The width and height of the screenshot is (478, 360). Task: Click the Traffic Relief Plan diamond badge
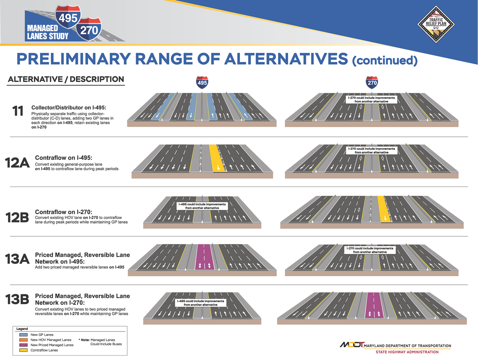(x=436, y=24)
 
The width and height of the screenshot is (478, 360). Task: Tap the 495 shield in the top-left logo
(x=68, y=17)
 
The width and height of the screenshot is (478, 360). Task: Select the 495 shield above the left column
(x=202, y=83)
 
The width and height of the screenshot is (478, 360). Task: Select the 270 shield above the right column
(x=372, y=83)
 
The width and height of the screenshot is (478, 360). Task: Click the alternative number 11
(x=18, y=111)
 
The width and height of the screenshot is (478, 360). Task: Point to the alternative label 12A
(x=17, y=163)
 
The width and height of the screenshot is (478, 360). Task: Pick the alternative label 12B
(x=17, y=218)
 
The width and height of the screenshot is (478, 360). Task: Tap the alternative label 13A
(x=17, y=259)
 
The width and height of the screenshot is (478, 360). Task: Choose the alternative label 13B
(x=17, y=299)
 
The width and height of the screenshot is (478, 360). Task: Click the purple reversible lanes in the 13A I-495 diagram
(x=205, y=258)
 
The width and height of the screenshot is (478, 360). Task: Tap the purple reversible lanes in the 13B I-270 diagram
(x=374, y=305)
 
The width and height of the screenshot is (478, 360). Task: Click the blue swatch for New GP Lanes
(x=23, y=335)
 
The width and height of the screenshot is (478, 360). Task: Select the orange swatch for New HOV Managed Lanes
(x=23, y=340)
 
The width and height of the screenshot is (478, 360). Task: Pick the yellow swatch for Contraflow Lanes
(x=23, y=350)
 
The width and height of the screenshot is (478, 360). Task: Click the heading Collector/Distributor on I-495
(x=69, y=108)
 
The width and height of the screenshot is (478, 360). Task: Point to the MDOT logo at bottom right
(x=352, y=345)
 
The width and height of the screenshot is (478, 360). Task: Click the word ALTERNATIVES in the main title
(x=285, y=59)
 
